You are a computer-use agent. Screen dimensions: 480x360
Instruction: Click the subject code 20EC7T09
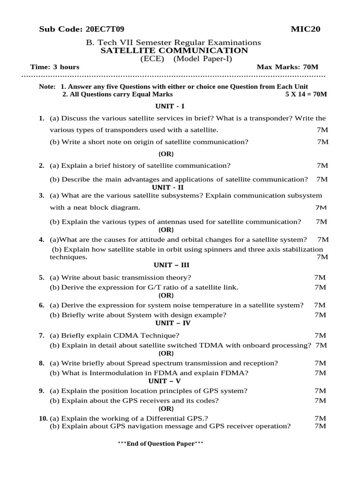105,30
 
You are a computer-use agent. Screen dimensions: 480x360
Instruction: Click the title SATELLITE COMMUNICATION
174,51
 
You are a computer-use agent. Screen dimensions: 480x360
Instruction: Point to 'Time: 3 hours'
55,67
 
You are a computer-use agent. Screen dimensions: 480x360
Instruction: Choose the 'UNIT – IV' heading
168,323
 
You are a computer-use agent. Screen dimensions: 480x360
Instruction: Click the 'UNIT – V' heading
165,381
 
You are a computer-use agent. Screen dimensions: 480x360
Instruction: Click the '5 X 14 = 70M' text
306,94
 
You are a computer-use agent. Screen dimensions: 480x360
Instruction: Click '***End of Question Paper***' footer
160,443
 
